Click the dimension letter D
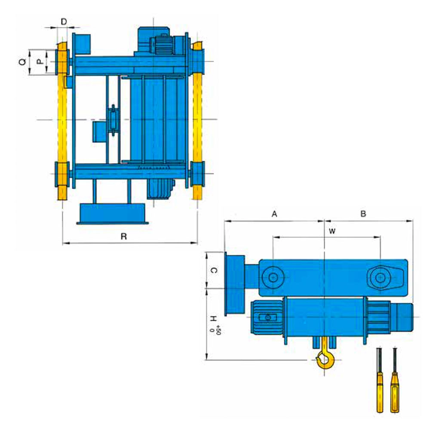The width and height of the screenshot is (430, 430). [x=64, y=21]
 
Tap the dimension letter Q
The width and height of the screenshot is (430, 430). [x=22, y=62]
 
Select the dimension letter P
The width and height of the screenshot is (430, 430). [x=40, y=62]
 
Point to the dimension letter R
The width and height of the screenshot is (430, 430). [x=124, y=236]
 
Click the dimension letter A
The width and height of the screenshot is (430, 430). [x=274, y=214]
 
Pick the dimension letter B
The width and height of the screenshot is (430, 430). [x=363, y=214]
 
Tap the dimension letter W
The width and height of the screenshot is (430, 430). [x=332, y=231]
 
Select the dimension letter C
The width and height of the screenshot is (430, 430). [x=214, y=270]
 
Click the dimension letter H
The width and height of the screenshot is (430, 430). [x=213, y=319]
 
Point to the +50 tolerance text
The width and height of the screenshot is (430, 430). [x=218, y=330]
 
